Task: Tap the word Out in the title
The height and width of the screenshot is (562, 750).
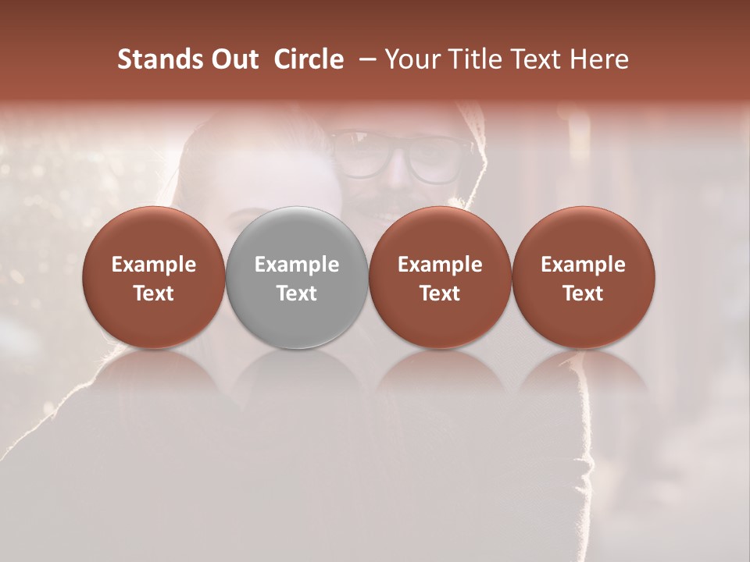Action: click(x=234, y=59)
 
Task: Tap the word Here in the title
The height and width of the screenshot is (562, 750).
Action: click(x=598, y=59)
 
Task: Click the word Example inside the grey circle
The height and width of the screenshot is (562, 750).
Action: click(x=297, y=265)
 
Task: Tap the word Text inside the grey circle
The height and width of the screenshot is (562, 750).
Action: click(x=297, y=293)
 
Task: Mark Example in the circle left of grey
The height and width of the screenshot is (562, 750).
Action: click(x=154, y=265)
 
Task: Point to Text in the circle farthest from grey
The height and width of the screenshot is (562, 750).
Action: click(x=583, y=293)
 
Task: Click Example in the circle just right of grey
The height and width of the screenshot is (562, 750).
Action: click(x=440, y=265)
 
